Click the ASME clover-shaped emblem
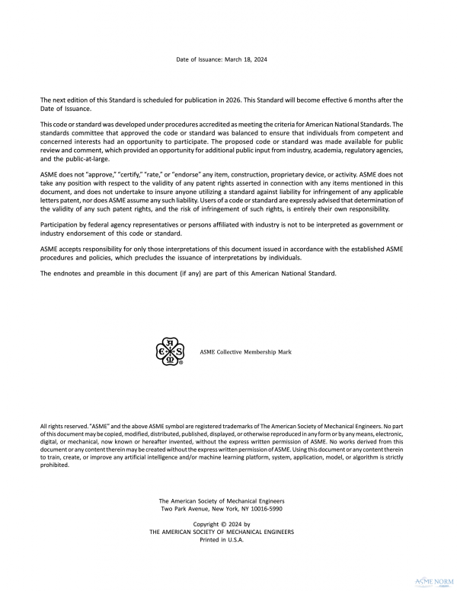(x=170, y=352)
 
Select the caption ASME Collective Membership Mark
(x=245, y=353)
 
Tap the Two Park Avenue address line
(x=221, y=509)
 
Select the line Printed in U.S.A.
(x=222, y=539)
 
